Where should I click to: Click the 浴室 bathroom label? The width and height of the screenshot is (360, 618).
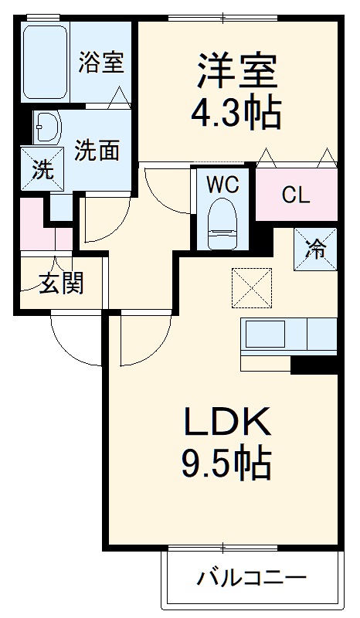tap(100, 62)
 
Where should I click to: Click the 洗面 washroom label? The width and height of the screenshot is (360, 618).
tap(97, 150)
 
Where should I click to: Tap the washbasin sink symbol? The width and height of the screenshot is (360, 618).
tap(47, 127)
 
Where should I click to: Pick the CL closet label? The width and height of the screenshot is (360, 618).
tap(295, 195)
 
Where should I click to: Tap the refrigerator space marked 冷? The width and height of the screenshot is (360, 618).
tap(315, 249)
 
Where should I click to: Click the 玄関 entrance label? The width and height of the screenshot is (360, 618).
tap(61, 284)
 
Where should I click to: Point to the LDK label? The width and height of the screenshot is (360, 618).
tap(225, 423)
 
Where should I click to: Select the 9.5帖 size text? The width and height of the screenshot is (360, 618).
tap(225, 463)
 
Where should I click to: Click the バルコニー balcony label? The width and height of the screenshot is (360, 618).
tap(252, 578)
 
